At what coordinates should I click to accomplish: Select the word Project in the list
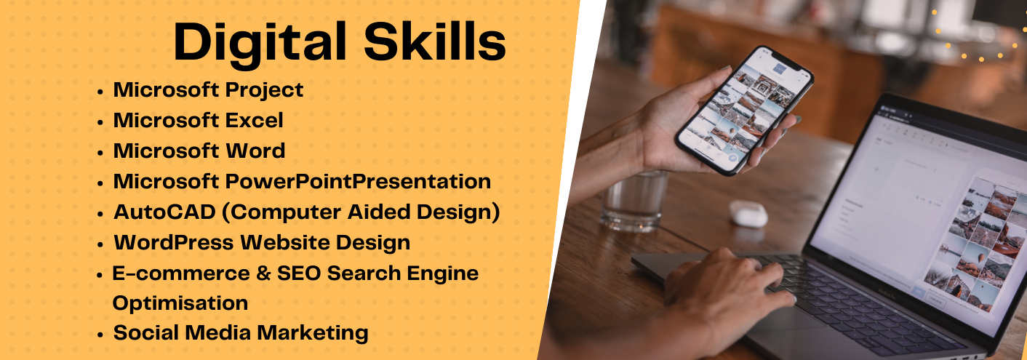(263, 91)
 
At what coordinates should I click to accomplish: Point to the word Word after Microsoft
(255, 151)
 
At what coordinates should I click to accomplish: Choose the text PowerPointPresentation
(358, 181)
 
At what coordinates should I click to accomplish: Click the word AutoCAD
(164, 212)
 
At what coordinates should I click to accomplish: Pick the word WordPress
(174, 242)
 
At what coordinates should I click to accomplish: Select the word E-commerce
(181, 273)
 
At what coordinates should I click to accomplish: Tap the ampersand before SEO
(263, 273)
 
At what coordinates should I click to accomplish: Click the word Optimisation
(180, 303)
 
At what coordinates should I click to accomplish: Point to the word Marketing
(312, 333)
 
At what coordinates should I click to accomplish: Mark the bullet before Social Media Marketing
(100, 335)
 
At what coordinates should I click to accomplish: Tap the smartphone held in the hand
(744, 110)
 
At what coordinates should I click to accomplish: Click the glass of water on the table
(634, 201)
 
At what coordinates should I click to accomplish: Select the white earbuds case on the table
(748, 213)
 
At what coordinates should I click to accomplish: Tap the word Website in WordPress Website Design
(284, 242)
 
